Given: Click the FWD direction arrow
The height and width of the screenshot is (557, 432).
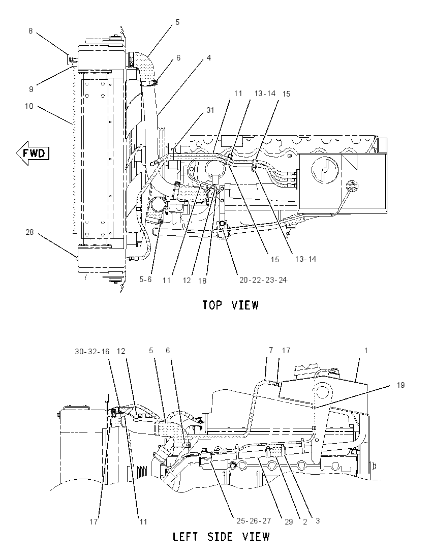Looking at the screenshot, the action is click(33, 153).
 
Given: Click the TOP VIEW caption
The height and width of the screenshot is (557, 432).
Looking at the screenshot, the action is click(231, 305).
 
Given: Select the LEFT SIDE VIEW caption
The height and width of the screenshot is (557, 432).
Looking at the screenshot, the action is click(221, 536).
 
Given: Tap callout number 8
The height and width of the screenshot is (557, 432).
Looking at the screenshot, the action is click(30, 31).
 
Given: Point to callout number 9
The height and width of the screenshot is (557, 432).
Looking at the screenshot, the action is click(31, 89).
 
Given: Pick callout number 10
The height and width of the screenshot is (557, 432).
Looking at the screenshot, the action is click(29, 106).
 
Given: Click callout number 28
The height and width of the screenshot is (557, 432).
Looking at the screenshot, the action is click(29, 232).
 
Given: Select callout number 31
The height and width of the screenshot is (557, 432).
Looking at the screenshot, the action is click(210, 110).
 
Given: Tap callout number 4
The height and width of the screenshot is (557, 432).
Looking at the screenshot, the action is click(208, 57).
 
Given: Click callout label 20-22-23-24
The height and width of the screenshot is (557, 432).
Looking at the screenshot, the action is click(263, 280).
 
